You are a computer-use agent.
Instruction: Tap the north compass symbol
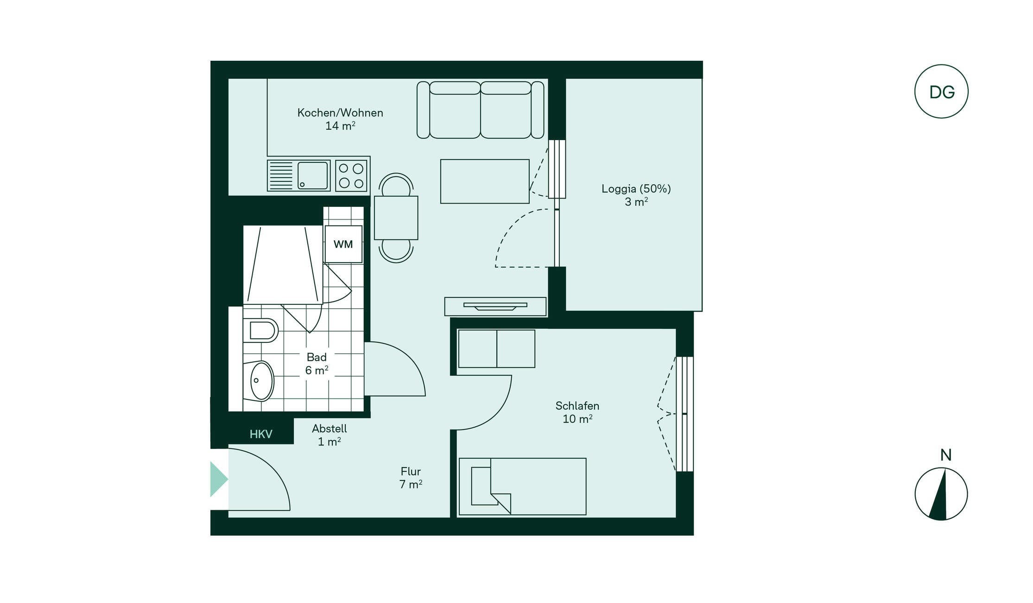coord(941,494)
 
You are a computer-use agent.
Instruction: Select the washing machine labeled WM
coord(343,244)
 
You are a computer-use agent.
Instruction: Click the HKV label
coord(261,434)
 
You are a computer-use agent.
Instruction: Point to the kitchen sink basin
coord(313,175)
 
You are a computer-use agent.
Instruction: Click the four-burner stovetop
coord(351,175)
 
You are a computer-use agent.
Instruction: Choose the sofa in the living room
coord(481,110)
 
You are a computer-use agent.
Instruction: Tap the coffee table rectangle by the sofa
coord(485,181)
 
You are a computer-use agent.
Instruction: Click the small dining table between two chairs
coord(396,218)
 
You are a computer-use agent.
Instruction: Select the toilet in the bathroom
coord(260,330)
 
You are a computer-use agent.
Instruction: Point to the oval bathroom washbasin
coord(262,381)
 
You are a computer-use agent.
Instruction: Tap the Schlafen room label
coord(577,406)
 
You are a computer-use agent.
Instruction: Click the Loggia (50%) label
coord(636,189)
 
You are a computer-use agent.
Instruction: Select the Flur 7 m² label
coord(411,478)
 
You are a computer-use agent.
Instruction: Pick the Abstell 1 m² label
coord(329,435)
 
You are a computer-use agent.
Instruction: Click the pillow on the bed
coord(482,486)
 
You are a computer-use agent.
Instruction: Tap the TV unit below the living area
coord(495,307)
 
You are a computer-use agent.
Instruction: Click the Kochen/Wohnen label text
coord(340,113)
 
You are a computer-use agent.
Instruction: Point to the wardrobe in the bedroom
coord(497,349)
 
